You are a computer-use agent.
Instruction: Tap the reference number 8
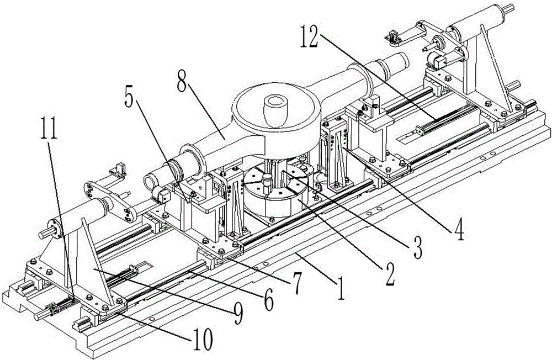[x=182, y=80]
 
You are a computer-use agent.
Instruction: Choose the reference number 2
[x=389, y=275]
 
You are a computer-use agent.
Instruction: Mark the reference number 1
[x=341, y=288]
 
